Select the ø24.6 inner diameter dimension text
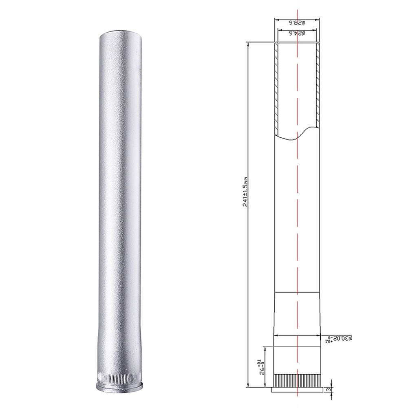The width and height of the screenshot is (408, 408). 298,34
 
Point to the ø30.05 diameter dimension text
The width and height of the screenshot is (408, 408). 340,339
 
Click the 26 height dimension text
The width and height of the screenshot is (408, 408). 257,367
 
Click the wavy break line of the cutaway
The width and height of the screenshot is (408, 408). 297,137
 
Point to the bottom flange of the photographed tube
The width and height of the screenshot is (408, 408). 119,386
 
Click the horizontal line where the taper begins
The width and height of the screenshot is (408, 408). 298,292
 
